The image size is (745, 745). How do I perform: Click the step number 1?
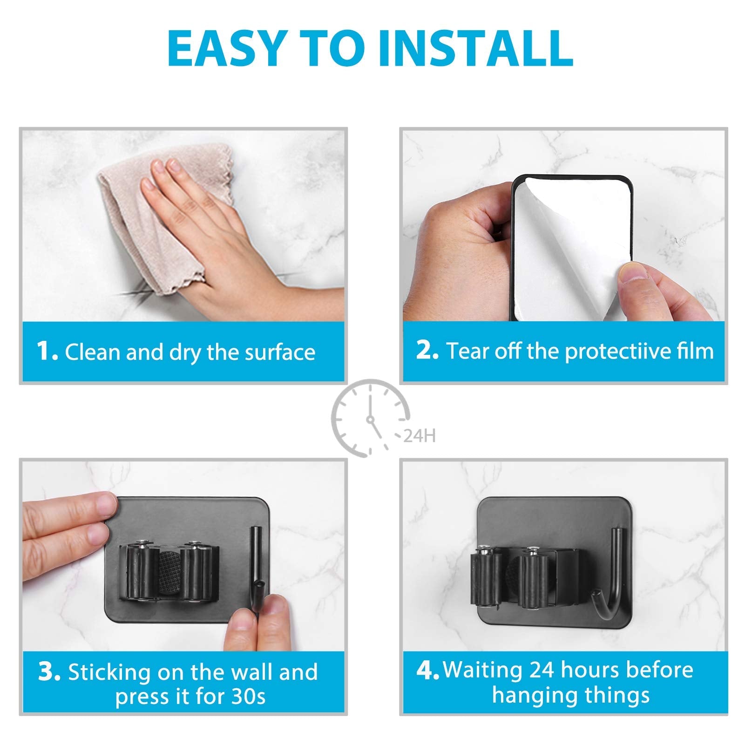pos(47,351)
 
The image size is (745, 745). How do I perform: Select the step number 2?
pos(427,350)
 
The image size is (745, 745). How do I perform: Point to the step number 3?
pos(49,672)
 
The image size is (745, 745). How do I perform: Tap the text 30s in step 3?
pos(248,697)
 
